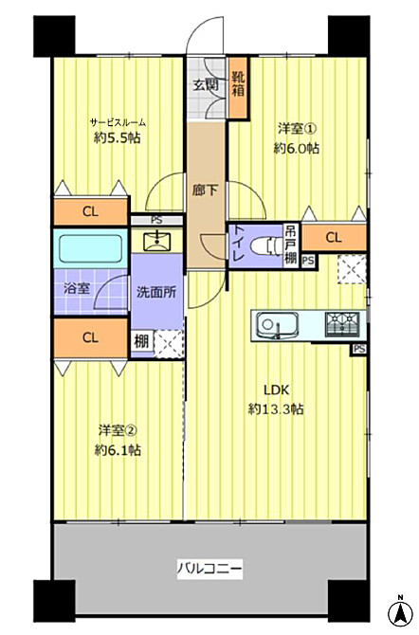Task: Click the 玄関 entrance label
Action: pyautogui.click(x=207, y=85)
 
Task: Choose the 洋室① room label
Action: pyautogui.click(x=297, y=127)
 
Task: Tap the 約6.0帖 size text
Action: pyautogui.click(x=297, y=148)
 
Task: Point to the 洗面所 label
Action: pyautogui.click(x=155, y=292)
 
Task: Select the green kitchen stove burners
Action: pyautogui.click(x=338, y=325)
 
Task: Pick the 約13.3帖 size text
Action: pyautogui.click(x=276, y=408)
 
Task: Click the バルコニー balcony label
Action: pyautogui.click(x=209, y=570)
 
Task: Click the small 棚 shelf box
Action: pyautogui.click(x=140, y=341)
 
